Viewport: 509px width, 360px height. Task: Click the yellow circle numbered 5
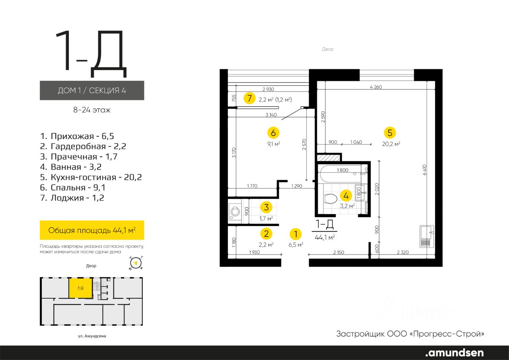tap(390, 133)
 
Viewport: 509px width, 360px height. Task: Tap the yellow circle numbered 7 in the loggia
tap(249, 98)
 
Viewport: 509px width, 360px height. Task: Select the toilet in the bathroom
tap(330, 198)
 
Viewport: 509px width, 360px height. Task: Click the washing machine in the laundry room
tap(235, 212)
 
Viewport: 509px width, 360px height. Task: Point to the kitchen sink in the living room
tap(427, 236)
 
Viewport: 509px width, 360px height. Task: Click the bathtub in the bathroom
tap(342, 174)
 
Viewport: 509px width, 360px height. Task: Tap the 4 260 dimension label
tap(376, 87)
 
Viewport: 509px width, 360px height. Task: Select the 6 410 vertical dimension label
tap(425, 170)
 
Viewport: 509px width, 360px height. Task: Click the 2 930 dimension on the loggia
tap(268, 90)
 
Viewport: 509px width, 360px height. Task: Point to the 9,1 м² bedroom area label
tap(274, 144)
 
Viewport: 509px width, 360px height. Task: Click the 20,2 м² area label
tap(391, 144)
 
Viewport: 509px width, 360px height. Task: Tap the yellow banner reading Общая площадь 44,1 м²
tap(92, 230)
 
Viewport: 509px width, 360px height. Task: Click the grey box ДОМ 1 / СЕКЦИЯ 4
tap(92, 90)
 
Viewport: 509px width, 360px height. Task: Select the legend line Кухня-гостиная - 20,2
tap(91, 177)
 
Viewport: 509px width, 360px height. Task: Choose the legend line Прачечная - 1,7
tap(79, 157)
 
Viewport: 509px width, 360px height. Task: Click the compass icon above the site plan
tap(136, 263)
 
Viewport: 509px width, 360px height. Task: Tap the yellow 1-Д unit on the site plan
tap(81, 288)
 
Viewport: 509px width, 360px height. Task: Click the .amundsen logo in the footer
tap(455, 352)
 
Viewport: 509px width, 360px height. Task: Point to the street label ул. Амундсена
tap(92, 336)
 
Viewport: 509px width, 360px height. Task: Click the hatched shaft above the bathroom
tap(328, 158)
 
